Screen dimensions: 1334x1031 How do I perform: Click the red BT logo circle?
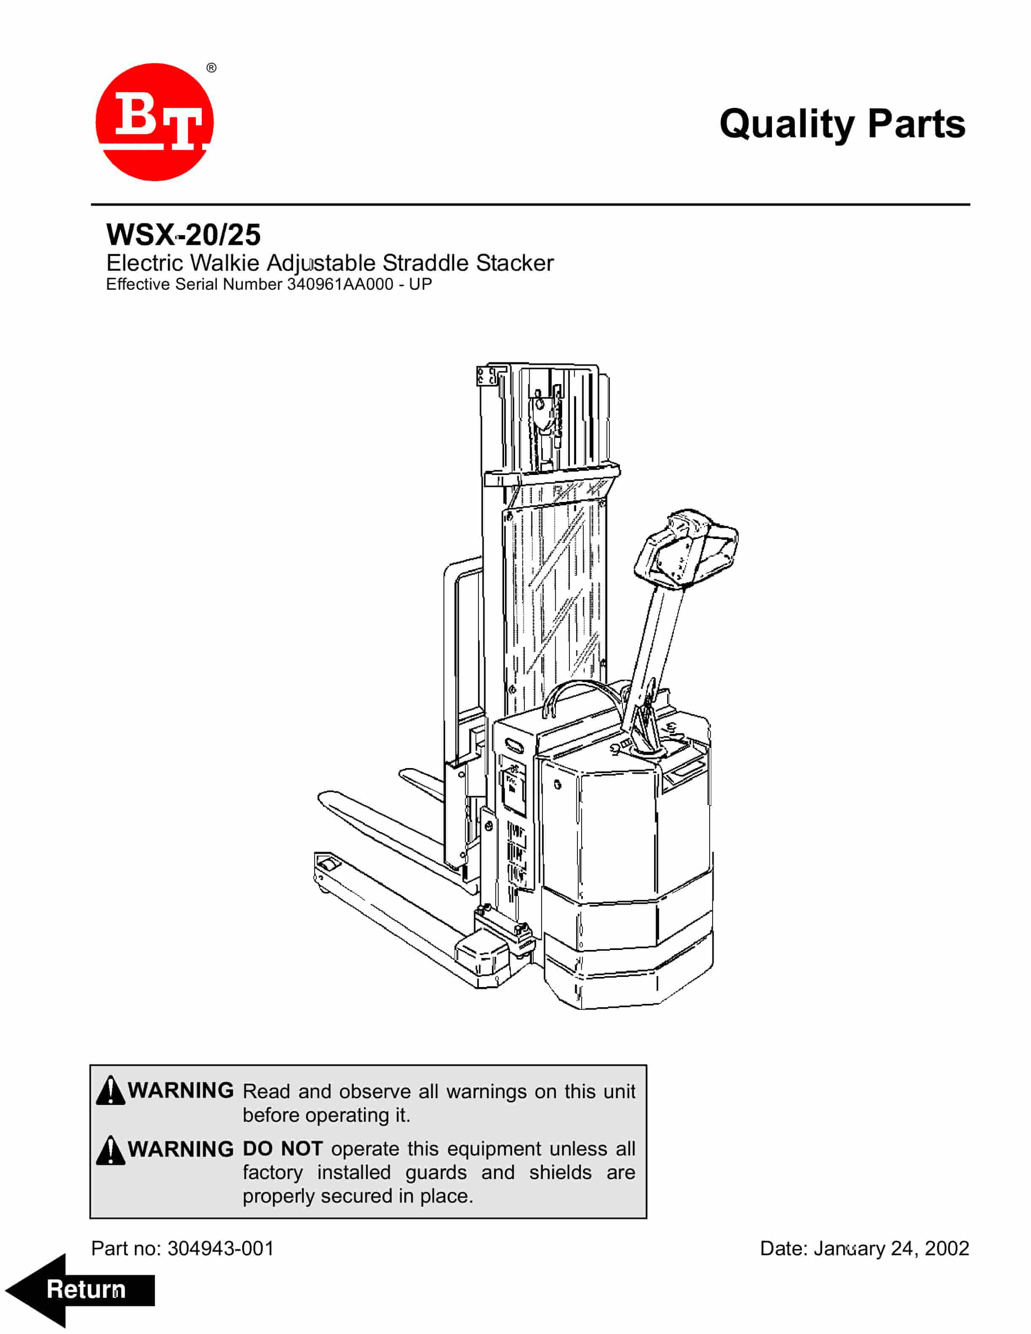[x=155, y=122]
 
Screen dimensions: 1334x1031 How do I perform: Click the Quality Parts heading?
[x=842, y=124]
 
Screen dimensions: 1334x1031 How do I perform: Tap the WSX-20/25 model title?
[x=183, y=235]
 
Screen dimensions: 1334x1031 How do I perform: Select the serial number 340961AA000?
[x=339, y=285]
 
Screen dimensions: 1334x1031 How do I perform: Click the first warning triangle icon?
[x=110, y=1090]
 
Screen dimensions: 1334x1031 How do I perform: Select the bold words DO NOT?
[x=282, y=1149]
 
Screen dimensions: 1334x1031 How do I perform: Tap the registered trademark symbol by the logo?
[x=211, y=68]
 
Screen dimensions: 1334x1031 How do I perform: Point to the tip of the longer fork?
[x=324, y=798]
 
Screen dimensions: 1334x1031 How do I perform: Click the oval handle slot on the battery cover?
[x=514, y=747]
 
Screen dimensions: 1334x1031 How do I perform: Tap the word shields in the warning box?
[x=560, y=1173]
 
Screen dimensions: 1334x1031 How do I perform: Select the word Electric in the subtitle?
[x=145, y=263]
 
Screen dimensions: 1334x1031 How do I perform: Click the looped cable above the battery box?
[x=580, y=693]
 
